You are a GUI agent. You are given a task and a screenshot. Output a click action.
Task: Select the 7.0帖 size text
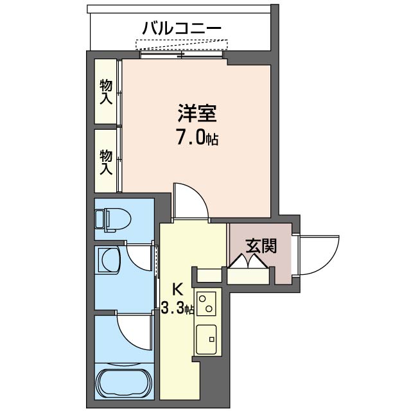197,137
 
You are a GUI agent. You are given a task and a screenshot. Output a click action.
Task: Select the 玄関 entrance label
261,245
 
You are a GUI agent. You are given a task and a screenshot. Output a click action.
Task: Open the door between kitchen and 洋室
191,200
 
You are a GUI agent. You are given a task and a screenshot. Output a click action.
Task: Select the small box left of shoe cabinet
208,275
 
